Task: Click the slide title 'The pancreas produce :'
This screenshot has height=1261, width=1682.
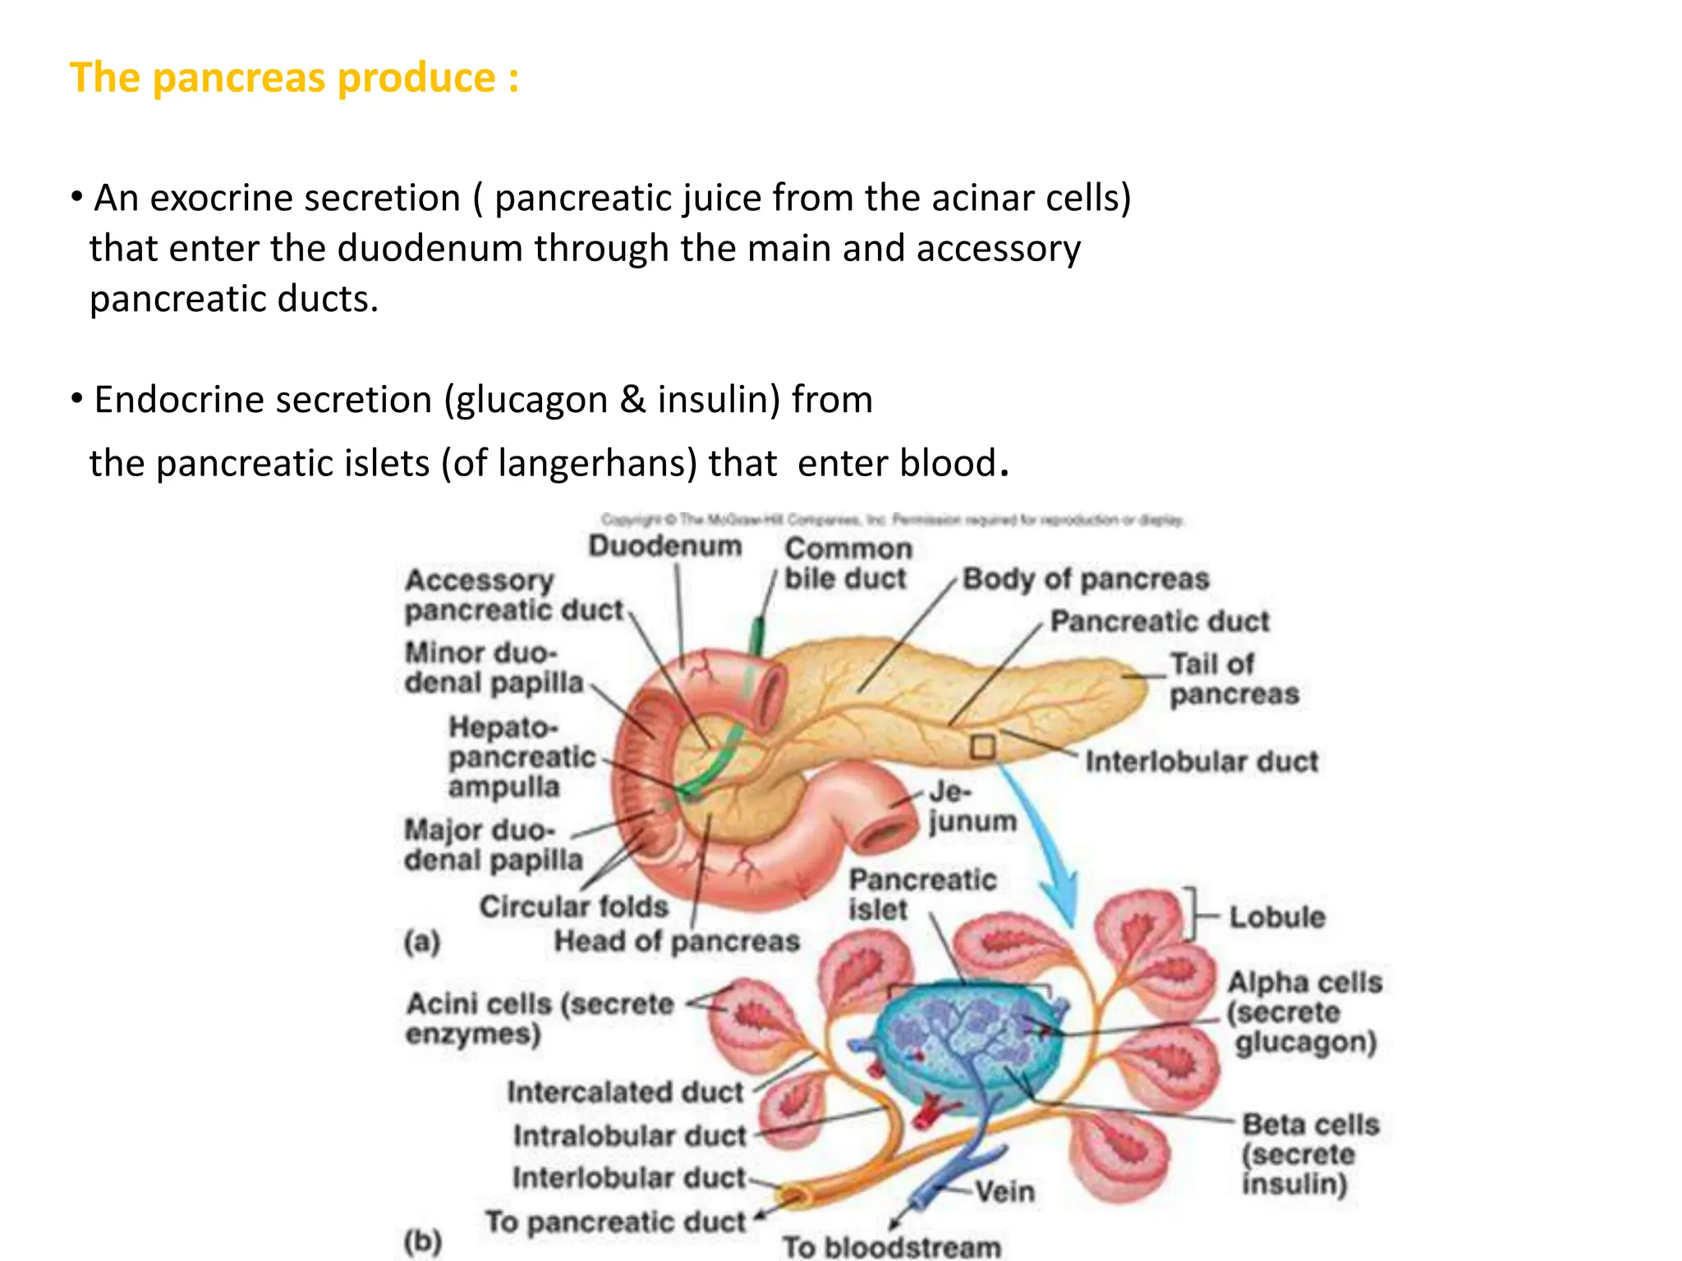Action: (294, 79)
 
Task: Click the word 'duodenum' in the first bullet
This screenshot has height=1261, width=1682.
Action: (430, 249)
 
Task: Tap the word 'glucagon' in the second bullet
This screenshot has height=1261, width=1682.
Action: (526, 401)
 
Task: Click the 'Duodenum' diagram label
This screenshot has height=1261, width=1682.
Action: (664, 546)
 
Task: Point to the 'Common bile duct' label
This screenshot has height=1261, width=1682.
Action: (847, 563)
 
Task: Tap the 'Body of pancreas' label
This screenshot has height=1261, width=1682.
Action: (1086, 580)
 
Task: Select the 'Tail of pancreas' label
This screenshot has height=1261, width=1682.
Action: (1234, 679)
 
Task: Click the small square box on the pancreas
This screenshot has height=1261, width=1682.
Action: (982, 746)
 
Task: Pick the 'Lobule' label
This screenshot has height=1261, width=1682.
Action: (1276, 917)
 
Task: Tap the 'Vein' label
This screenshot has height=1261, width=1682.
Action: (1004, 1191)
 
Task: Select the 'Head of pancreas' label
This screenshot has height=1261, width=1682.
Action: (676, 942)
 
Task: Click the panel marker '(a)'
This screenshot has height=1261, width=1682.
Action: (422, 942)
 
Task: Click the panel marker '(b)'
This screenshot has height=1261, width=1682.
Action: (422, 1240)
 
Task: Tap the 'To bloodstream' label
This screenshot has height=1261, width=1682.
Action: (891, 1247)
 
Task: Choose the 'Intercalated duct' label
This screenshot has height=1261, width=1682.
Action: (624, 1093)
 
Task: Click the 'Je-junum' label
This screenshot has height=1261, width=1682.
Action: (972, 807)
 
